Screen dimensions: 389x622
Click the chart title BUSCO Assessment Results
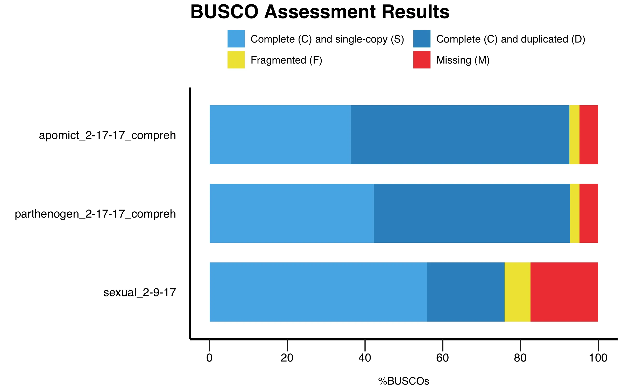[320, 12]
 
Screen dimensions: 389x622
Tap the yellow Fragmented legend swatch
[236, 60]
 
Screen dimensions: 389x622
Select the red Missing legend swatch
[422, 60]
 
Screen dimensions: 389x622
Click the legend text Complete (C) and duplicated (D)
[511, 39]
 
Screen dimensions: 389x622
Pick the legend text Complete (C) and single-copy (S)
[327, 39]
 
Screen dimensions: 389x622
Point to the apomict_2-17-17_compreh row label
[107, 135]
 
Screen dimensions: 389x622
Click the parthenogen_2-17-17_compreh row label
[95, 214]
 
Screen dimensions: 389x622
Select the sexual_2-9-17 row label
[140, 293]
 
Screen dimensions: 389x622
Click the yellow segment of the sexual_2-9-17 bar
[517, 292]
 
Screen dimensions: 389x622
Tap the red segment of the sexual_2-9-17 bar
[564, 292]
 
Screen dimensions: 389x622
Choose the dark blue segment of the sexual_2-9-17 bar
[466, 292]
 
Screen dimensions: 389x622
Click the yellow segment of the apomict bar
[574, 135]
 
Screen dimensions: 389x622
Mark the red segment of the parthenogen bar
[589, 213]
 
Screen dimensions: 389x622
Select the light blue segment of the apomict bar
[280, 135]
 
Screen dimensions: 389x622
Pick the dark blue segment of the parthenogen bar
[472, 213]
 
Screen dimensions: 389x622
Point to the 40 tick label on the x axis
[365, 358]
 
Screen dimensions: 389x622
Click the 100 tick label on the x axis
[598, 358]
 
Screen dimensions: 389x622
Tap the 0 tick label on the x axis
[209, 358]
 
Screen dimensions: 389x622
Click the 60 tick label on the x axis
[442, 358]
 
